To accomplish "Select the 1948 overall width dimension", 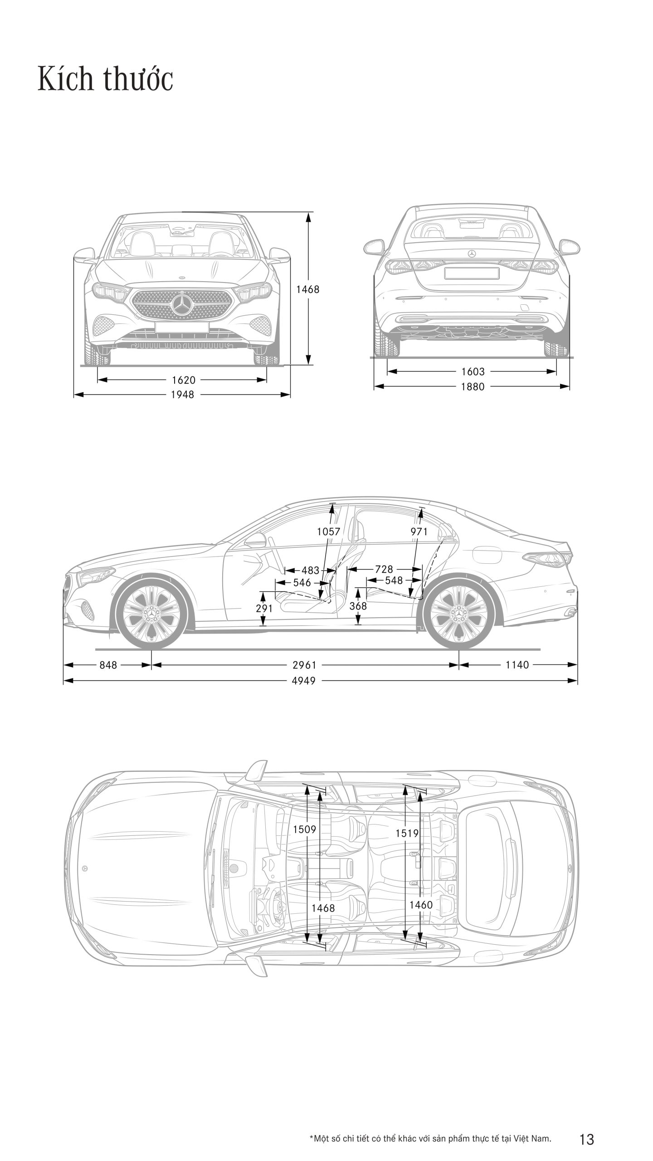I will point(182,395).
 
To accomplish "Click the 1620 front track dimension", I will point(183,380).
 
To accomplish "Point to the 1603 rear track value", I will point(473,371).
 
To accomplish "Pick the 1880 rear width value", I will point(473,386).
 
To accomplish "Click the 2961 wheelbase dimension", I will point(304,665).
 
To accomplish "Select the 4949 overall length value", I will point(303,680).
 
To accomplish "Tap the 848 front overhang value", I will point(108,665).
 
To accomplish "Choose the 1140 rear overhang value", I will point(517,665).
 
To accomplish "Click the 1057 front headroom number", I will point(328,532).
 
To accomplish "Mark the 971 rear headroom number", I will point(419,532).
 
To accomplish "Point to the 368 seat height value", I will point(358,606).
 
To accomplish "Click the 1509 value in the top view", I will point(304,829).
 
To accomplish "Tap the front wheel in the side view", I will point(151,613).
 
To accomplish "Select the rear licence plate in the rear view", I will point(471,273).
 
